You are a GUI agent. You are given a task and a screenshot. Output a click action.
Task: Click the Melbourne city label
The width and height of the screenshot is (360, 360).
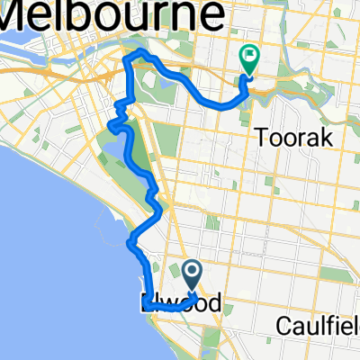112,15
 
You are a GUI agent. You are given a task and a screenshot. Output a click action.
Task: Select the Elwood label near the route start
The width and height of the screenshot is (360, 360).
180,303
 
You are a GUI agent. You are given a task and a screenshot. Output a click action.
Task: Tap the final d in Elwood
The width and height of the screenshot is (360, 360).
212,303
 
